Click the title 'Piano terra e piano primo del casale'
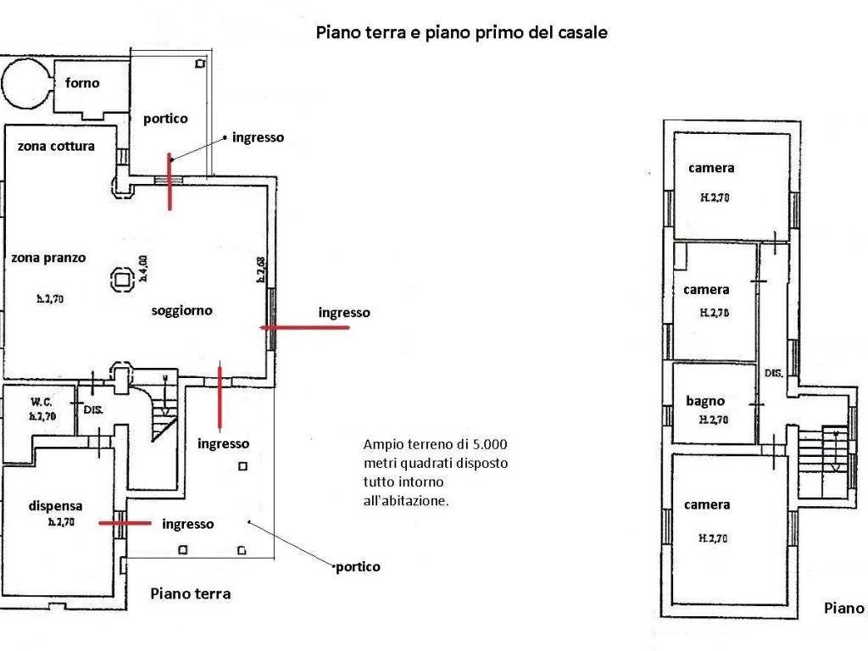[461, 33]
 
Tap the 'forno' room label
[82, 83]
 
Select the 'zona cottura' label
[56, 146]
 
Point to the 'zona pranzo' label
[48, 258]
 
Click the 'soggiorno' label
[181, 310]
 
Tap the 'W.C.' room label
[42, 401]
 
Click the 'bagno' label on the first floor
[705, 401]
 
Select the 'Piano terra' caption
[190, 593]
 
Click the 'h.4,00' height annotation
[143, 268]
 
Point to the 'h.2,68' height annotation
[261, 269]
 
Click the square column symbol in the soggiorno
[120, 278]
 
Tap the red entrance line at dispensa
[125, 524]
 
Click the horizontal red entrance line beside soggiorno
[304, 327]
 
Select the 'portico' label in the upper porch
[164, 119]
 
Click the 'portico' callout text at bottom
[358, 566]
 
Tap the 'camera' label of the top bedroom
[711, 168]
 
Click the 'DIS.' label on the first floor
[773, 372]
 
